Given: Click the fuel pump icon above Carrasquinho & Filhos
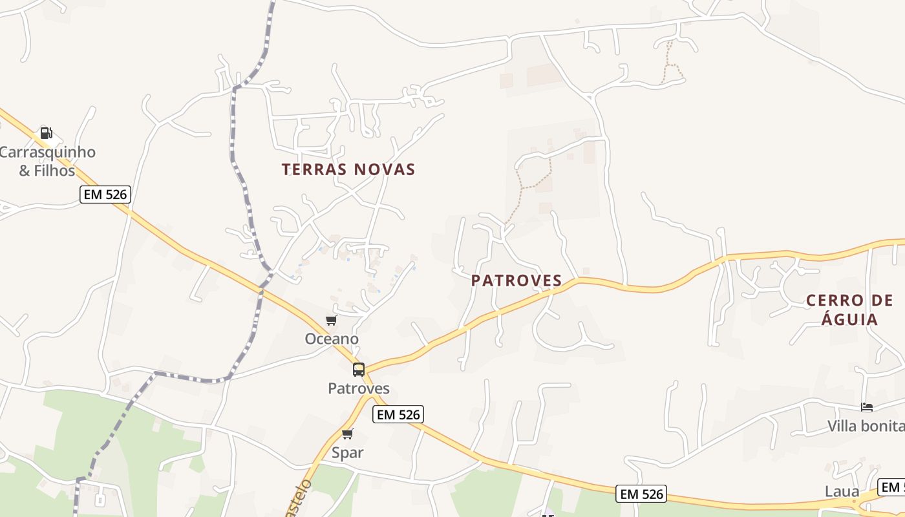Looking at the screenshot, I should coord(46,133).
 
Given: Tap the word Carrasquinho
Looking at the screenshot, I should coord(47,153).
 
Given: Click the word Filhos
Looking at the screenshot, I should coord(56,171).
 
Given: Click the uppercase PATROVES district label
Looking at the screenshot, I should coord(516,280).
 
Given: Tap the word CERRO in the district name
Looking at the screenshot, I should coord(835,301).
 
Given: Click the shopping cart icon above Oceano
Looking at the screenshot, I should coord(332,320).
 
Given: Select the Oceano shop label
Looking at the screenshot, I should coord(332,339).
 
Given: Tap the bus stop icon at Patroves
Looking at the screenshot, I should coord(359,370).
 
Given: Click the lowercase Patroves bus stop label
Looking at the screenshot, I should coord(359,388).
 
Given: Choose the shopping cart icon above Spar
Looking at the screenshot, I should coord(348,434).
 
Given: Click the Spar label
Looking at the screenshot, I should coord(348,452).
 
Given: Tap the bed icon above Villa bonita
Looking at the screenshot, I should coord(867,407).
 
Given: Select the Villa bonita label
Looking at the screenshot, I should coord(866,427).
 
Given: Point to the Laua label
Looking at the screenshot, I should coord(842,491).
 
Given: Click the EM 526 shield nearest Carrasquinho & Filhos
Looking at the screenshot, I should coord(105,194).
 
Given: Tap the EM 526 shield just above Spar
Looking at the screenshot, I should coord(398,415).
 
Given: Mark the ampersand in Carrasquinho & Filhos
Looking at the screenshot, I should coord(25,171).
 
